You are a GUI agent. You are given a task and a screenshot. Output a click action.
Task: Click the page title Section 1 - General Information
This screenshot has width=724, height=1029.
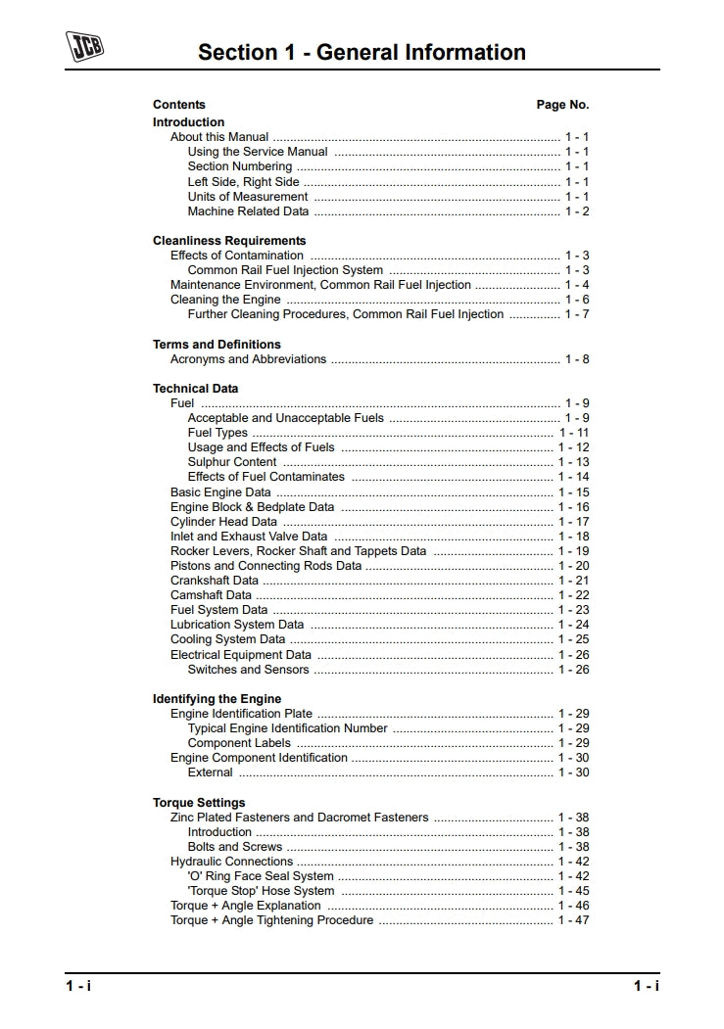click(362, 52)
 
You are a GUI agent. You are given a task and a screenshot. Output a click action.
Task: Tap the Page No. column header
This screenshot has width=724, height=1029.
click(562, 105)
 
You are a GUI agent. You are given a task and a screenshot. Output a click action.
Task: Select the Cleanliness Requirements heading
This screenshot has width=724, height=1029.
click(229, 241)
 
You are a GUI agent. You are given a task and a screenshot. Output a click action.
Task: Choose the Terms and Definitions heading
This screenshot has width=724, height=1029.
click(217, 345)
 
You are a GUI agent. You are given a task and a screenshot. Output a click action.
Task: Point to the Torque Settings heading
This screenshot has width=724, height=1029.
click(199, 803)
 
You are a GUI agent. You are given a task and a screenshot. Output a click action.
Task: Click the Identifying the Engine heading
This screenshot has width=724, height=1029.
click(217, 699)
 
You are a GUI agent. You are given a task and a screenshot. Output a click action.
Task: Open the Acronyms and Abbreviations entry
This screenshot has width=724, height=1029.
click(248, 359)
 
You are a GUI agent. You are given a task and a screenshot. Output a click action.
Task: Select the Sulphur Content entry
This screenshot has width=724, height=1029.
click(232, 462)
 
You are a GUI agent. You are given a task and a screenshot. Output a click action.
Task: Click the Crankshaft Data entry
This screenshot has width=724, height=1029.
click(215, 581)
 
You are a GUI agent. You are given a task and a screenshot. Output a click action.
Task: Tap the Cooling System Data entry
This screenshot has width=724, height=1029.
click(228, 639)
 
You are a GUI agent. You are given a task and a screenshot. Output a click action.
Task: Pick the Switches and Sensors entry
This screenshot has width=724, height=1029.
click(248, 670)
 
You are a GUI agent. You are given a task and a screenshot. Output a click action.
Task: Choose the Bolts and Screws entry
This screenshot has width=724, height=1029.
click(234, 847)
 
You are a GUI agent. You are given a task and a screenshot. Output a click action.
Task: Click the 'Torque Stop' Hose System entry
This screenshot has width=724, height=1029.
click(261, 891)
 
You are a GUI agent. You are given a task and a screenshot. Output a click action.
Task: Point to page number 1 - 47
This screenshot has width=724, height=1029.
click(573, 920)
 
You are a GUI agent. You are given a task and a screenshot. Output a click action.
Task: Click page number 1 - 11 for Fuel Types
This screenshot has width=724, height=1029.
click(573, 433)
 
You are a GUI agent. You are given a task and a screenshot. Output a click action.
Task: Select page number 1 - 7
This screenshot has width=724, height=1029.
click(576, 314)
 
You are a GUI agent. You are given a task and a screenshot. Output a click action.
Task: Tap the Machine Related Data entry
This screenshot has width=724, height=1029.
click(248, 211)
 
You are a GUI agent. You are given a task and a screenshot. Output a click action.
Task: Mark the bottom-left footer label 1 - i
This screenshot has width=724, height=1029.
click(78, 986)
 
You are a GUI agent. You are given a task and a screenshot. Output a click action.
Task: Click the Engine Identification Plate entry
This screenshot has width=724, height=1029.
click(241, 714)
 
